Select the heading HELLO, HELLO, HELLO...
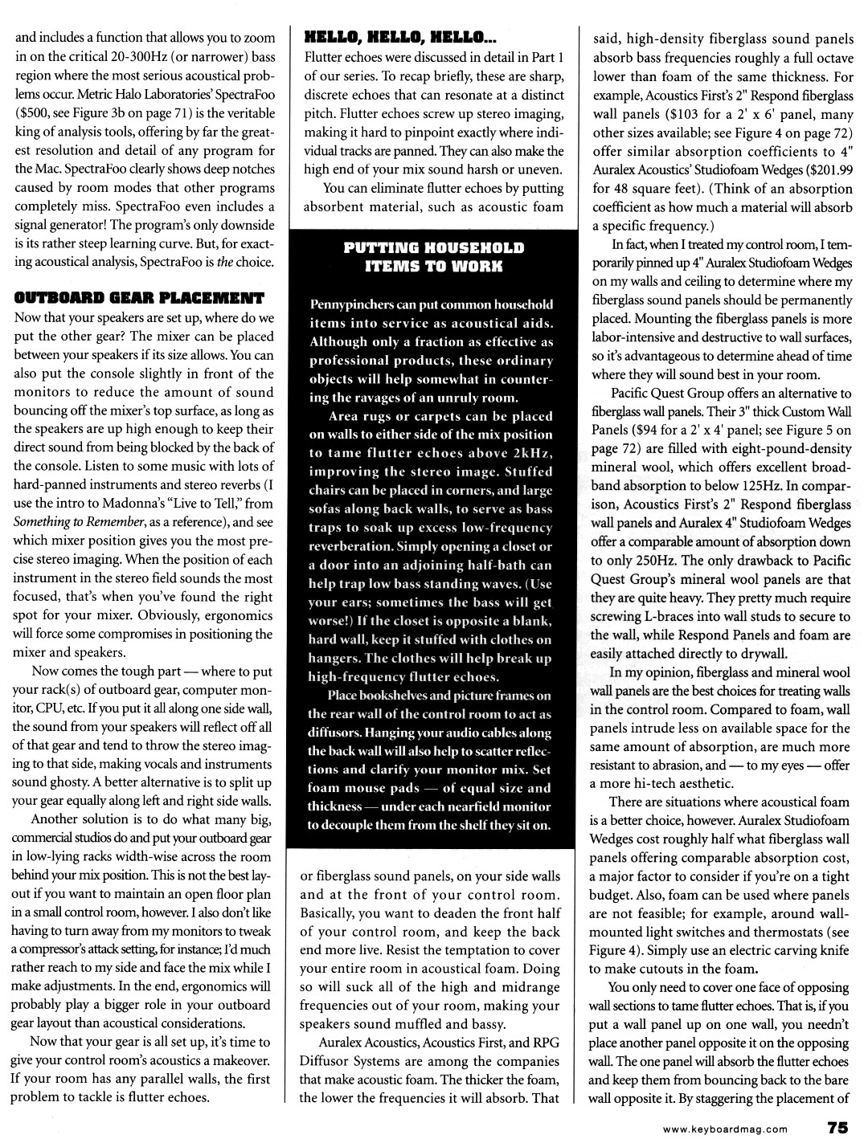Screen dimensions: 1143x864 401,37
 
